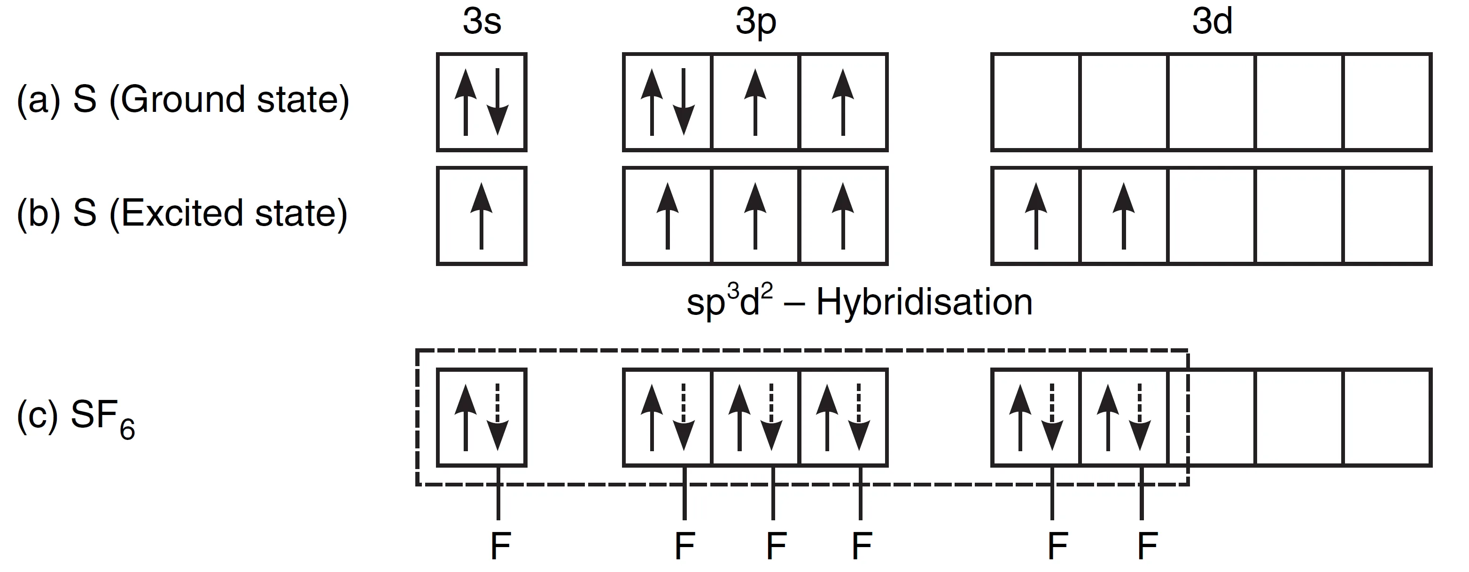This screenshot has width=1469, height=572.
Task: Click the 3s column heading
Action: coord(482,22)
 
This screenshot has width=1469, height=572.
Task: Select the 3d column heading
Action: coord(1212,22)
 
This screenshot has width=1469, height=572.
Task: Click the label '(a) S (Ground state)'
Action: coord(182,100)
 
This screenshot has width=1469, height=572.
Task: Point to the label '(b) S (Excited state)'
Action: coord(182,214)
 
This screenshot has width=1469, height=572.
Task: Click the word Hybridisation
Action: coord(924,302)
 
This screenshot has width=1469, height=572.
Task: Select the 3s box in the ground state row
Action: coord(482,102)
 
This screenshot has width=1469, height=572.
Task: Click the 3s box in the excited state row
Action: coord(482,216)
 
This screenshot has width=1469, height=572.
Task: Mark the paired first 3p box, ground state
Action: coord(667,102)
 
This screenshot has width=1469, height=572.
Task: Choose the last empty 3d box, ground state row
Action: coord(1387,102)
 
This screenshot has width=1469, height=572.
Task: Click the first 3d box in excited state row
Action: coord(1035,216)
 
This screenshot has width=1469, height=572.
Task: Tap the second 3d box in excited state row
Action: coord(1123,216)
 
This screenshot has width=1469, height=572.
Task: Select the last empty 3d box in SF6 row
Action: coord(1387,417)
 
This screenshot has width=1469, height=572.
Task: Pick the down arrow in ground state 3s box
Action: coord(498,102)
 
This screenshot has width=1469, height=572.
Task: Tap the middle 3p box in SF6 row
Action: coord(755,417)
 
